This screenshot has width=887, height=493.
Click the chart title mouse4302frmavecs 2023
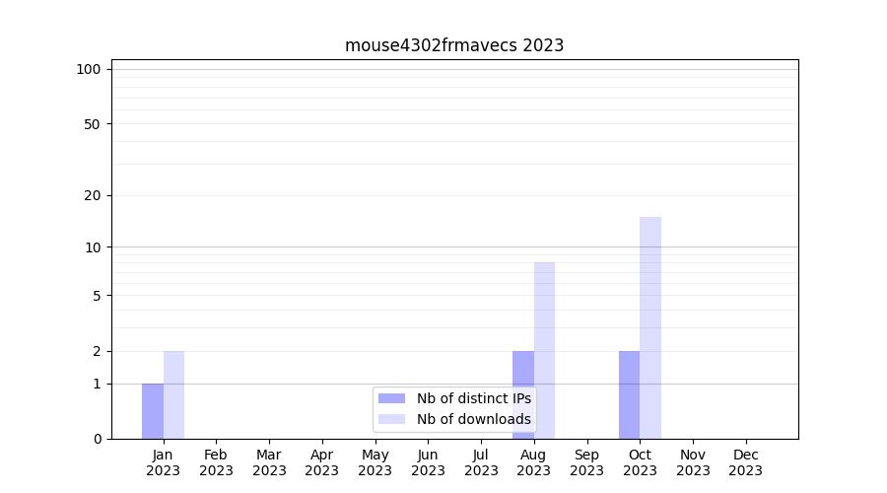tap(454, 45)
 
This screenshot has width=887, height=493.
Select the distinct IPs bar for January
tap(153, 411)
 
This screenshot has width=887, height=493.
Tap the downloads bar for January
tap(173, 394)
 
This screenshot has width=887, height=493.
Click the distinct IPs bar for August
tap(523, 394)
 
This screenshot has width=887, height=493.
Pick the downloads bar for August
tap(544, 350)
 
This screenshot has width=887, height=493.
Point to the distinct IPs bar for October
tap(629, 394)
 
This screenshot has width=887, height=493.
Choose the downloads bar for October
tap(650, 327)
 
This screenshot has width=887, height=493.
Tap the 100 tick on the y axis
tap(89, 69)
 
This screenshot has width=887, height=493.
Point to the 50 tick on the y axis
tap(93, 124)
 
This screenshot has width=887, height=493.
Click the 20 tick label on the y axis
tap(93, 195)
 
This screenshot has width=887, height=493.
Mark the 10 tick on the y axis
tap(93, 246)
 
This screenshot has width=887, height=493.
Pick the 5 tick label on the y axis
tap(97, 295)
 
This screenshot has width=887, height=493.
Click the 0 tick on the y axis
tap(97, 439)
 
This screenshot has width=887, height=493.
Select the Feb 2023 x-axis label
tap(216, 462)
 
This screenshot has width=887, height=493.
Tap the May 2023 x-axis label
tap(375, 462)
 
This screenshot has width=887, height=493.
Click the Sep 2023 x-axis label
tap(586, 462)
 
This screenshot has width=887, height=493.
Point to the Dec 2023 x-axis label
tap(745, 462)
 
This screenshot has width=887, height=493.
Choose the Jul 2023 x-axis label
tap(481, 462)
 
